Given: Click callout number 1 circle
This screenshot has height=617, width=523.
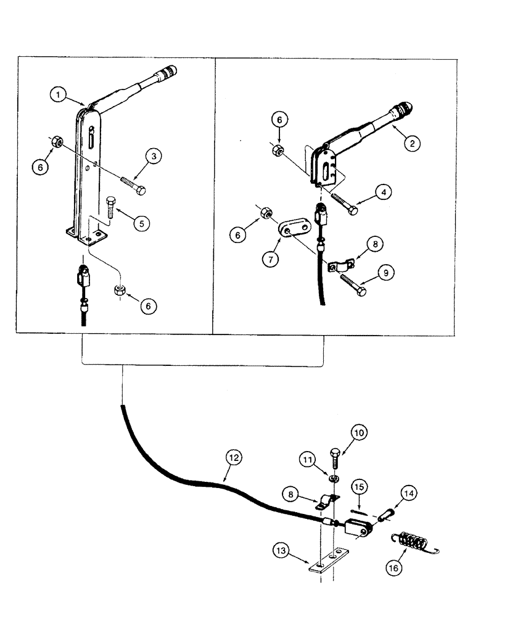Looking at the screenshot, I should coord(59,95).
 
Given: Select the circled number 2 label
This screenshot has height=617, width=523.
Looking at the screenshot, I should coord(412,143).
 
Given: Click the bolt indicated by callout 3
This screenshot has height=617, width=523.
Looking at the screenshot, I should coord(131,184).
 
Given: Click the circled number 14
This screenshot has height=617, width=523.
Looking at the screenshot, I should coord(408,493).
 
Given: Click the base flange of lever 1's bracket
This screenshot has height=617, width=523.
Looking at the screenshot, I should coord(87,235).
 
